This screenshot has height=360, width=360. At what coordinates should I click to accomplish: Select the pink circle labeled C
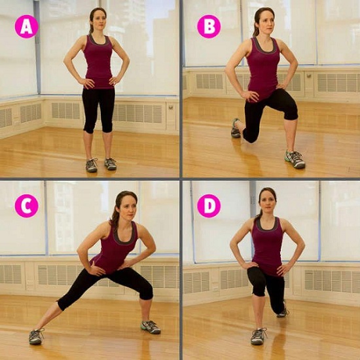(27, 206)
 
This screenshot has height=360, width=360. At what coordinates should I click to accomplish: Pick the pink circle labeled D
(209, 206)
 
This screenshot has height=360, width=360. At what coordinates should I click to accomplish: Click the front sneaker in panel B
(295, 159)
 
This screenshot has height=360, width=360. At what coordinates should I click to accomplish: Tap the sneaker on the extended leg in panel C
(35, 336)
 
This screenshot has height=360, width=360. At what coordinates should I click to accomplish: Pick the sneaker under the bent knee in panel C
(150, 327)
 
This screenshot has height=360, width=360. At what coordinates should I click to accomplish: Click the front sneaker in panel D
(259, 336)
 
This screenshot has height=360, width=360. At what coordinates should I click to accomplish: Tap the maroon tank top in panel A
(99, 62)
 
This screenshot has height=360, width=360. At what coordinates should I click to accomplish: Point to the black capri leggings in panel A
(98, 105)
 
